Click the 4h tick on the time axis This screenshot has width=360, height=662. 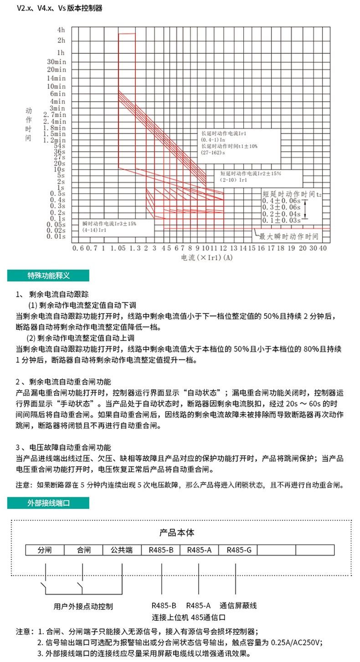tap(61, 30)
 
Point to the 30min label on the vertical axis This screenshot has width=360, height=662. tap(57, 61)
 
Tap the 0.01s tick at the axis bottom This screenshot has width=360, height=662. tap(57, 236)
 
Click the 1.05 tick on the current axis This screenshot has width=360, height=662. tap(118, 248)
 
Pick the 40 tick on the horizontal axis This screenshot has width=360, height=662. tap(323, 248)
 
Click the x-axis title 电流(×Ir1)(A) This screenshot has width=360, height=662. tap(207, 258)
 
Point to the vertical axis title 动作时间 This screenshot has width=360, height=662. tap(29, 124)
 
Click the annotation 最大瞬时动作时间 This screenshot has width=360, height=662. tap(288, 237)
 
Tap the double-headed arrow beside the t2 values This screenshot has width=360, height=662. tap(306, 209)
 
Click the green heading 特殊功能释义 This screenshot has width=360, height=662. tap(48, 276)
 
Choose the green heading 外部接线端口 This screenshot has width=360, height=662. tap(48, 503)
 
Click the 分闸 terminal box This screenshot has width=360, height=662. tap(45, 550)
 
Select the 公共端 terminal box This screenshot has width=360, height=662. tap(122, 550)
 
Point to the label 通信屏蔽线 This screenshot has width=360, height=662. tap(238, 606)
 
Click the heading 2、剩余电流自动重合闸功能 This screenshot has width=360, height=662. tap(63, 381)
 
